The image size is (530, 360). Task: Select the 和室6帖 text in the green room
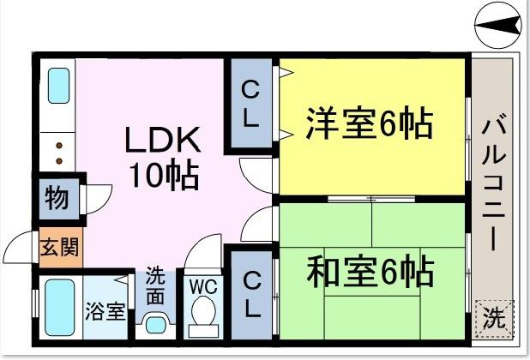(x=369, y=273)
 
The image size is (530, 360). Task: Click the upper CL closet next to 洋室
(x=250, y=105)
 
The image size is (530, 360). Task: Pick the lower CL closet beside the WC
(x=250, y=294)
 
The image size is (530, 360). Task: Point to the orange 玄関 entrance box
(x=59, y=248)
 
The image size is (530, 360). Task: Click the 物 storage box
(x=57, y=198)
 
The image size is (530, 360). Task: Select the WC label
(x=202, y=284)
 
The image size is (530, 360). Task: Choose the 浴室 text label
(x=105, y=309)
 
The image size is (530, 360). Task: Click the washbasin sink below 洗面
(x=155, y=325)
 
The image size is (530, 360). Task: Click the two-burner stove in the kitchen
(x=58, y=153)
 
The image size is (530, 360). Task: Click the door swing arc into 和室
(x=258, y=225)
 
